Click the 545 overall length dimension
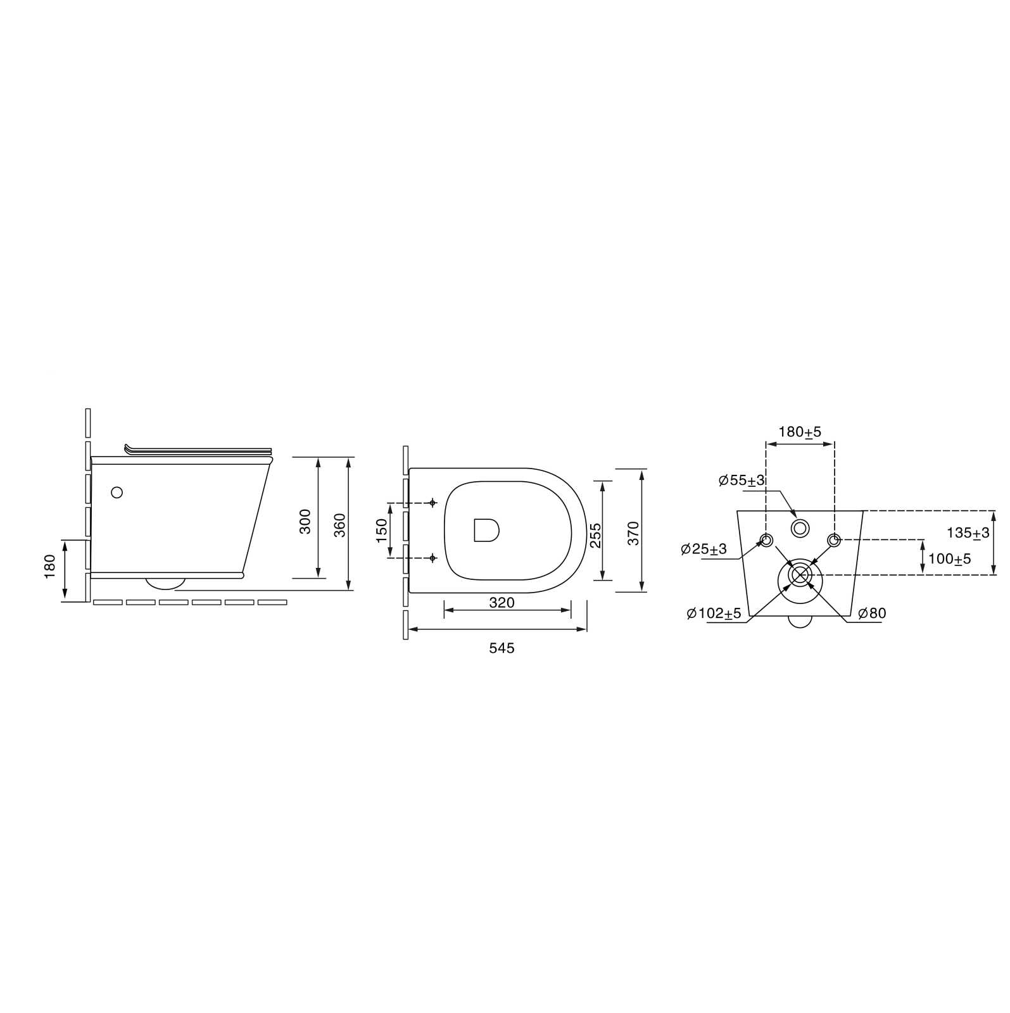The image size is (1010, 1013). (502, 648)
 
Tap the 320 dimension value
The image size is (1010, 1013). (502, 603)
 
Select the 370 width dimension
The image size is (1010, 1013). (633, 534)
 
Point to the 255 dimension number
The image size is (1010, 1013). (595, 536)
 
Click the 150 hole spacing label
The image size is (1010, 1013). (381, 531)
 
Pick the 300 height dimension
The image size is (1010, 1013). (305, 521)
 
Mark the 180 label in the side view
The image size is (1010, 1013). (50, 567)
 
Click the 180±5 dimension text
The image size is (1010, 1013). (800, 432)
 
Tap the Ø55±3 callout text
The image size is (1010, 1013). (742, 481)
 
